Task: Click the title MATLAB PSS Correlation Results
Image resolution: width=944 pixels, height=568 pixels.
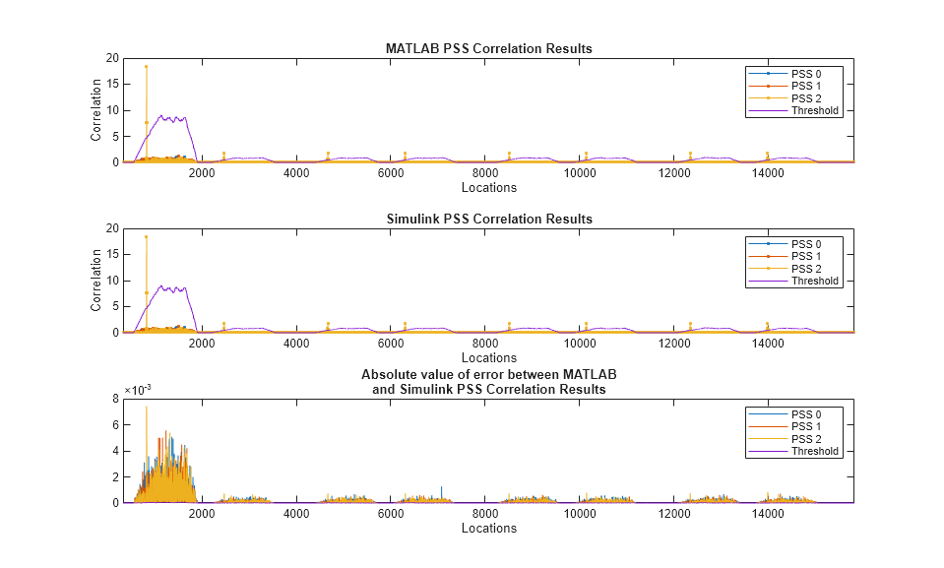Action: (x=488, y=48)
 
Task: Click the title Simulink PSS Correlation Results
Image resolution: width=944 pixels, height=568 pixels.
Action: (x=488, y=219)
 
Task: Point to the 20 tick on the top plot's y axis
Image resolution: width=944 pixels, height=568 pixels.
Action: (x=112, y=58)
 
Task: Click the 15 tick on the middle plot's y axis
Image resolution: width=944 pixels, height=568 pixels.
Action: (x=112, y=255)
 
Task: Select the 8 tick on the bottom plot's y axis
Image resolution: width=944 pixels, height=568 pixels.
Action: (x=115, y=399)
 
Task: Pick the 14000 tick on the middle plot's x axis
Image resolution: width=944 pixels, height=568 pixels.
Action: (x=767, y=344)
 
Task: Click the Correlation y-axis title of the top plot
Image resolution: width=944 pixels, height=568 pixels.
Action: (x=96, y=110)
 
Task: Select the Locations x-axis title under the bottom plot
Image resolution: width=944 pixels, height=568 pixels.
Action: (x=488, y=528)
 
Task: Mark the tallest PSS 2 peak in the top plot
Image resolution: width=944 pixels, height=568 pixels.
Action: (x=146, y=67)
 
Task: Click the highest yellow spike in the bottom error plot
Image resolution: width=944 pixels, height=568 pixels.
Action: (x=146, y=408)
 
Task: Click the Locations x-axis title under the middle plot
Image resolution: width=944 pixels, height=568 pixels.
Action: (x=488, y=357)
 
